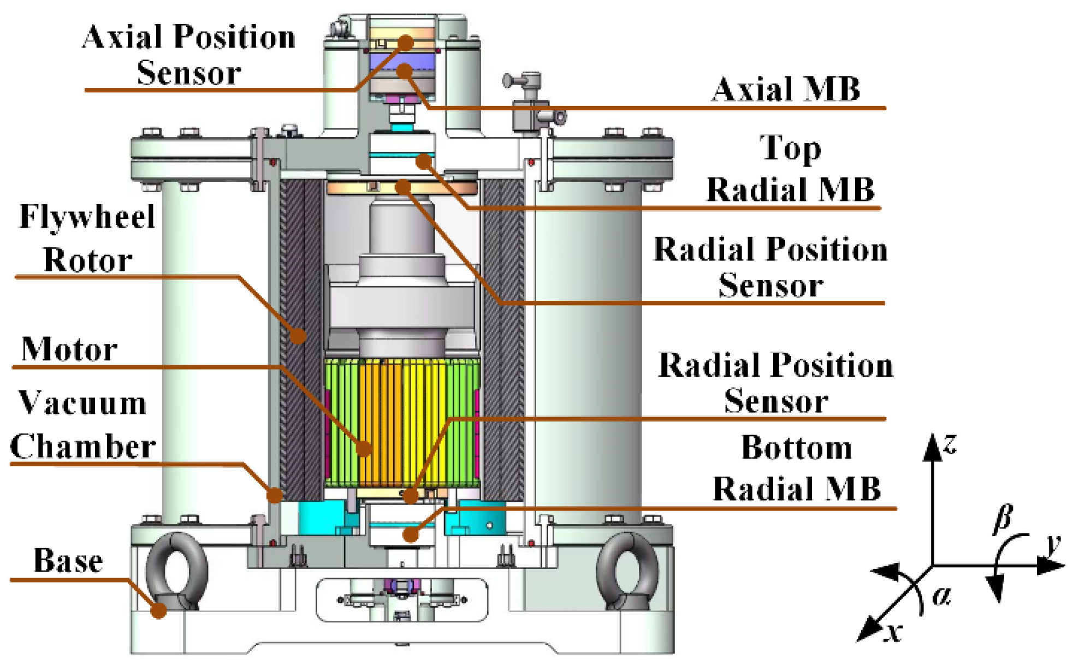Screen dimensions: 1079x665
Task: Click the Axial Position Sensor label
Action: click(x=189, y=55)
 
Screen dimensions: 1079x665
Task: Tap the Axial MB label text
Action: click(x=786, y=89)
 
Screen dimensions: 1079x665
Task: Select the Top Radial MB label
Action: click(x=791, y=169)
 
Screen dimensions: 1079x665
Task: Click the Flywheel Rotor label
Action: click(x=87, y=238)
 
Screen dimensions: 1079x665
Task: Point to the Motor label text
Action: click(x=69, y=349)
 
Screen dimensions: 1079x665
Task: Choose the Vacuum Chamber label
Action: click(x=83, y=425)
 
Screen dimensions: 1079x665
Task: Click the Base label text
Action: click(x=68, y=560)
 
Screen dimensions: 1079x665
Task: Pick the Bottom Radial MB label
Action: click(x=797, y=468)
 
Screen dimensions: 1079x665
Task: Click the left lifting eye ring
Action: click(x=176, y=571)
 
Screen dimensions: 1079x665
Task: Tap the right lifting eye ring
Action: click(x=627, y=571)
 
